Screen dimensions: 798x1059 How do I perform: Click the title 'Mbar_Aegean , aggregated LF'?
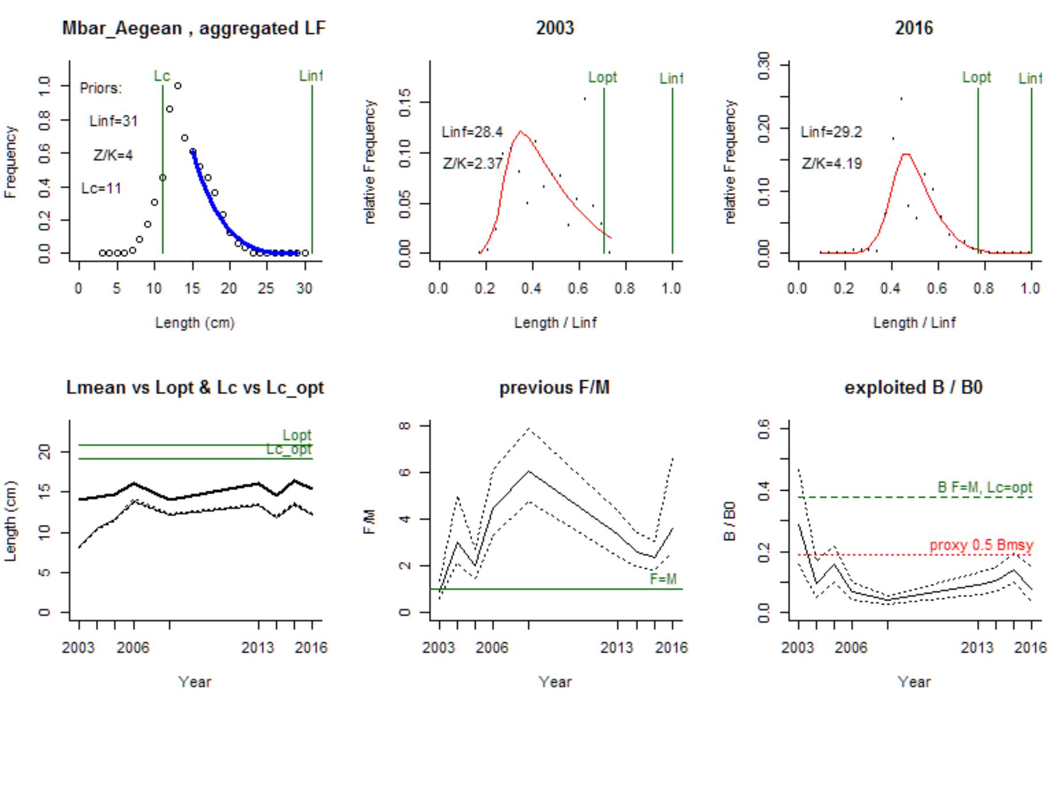[194, 28]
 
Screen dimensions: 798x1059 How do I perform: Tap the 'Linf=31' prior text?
[114, 121]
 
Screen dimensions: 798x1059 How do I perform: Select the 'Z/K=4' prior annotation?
[113, 155]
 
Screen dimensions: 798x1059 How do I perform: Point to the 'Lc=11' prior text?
[101, 188]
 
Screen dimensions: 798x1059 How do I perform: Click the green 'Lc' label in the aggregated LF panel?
[162, 76]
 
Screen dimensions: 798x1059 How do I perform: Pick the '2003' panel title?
[554, 28]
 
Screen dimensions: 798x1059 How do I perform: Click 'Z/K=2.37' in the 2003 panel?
[472, 164]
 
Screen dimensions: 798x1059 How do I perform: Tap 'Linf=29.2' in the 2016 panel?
[831, 132]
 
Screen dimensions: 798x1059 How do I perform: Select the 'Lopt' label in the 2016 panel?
[976, 77]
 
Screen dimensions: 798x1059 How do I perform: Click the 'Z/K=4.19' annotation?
[832, 164]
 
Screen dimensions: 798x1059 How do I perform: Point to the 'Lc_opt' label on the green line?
[289, 449]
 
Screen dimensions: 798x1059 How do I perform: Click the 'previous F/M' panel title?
[554, 388]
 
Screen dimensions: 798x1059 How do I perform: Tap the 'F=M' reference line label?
[663, 579]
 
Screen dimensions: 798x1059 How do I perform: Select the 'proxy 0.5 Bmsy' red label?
[981, 545]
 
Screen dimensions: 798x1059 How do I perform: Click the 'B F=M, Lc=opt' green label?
[984, 487]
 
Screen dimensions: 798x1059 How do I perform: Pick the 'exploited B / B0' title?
[913, 388]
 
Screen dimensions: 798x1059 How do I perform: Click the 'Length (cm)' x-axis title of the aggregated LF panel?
[195, 323]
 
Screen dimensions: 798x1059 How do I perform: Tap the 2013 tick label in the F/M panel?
[616, 648]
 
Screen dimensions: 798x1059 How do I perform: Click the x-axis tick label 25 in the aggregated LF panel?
[266, 288]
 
